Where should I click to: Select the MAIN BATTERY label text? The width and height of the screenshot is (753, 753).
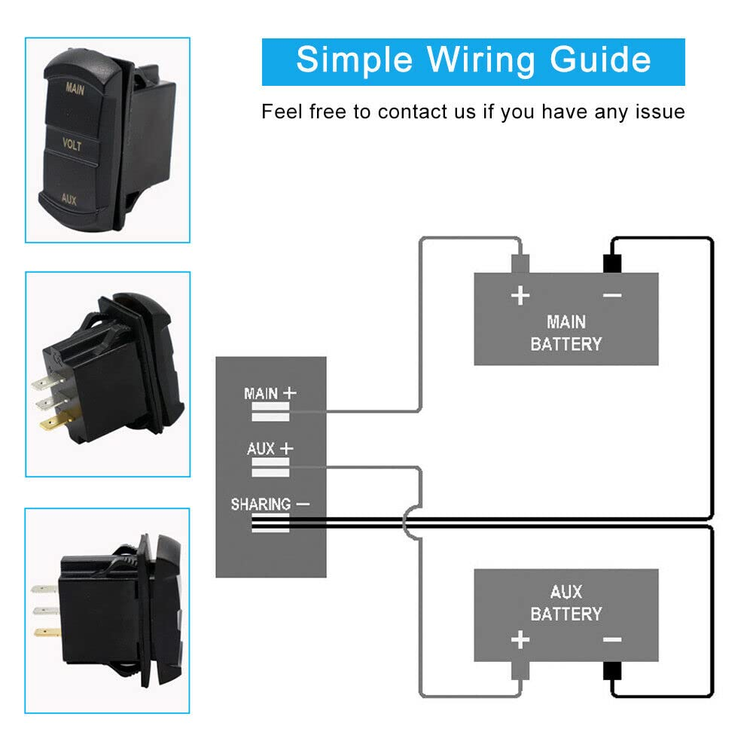point(566,333)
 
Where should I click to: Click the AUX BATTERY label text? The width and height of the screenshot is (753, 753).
point(566,602)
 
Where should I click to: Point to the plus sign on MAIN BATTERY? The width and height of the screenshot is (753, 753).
point(520,295)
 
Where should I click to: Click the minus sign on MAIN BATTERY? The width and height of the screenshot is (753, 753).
point(612,295)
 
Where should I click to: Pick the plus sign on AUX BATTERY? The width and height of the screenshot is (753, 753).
point(520,640)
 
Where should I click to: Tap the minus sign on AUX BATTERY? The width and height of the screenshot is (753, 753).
point(612,640)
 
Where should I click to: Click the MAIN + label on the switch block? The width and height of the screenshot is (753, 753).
point(270,393)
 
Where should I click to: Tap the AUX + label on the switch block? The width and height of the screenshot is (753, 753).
point(270,449)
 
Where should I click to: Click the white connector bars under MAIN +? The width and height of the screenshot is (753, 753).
point(270,411)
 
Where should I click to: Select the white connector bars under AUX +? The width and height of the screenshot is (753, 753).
point(270,467)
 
